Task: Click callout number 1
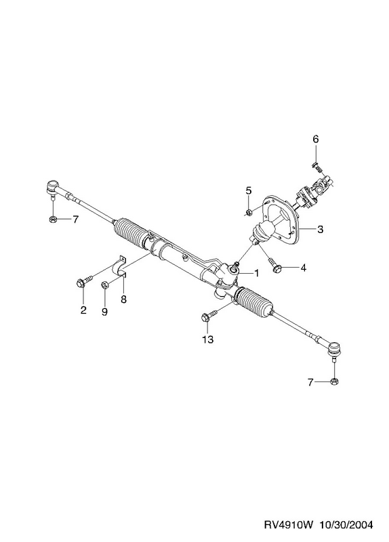pos(256,273)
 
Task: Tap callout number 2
pos(83,310)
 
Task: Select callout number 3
pos(320,229)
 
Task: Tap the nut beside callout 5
pos(249,212)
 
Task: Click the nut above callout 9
pos(105,285)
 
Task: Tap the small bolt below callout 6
pos(316,167)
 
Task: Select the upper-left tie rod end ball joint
pos(52,188)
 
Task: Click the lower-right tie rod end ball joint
pos(334,351)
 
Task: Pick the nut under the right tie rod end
pos(334,381)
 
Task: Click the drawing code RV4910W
pos(289,525)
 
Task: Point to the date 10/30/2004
pos(346,525)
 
